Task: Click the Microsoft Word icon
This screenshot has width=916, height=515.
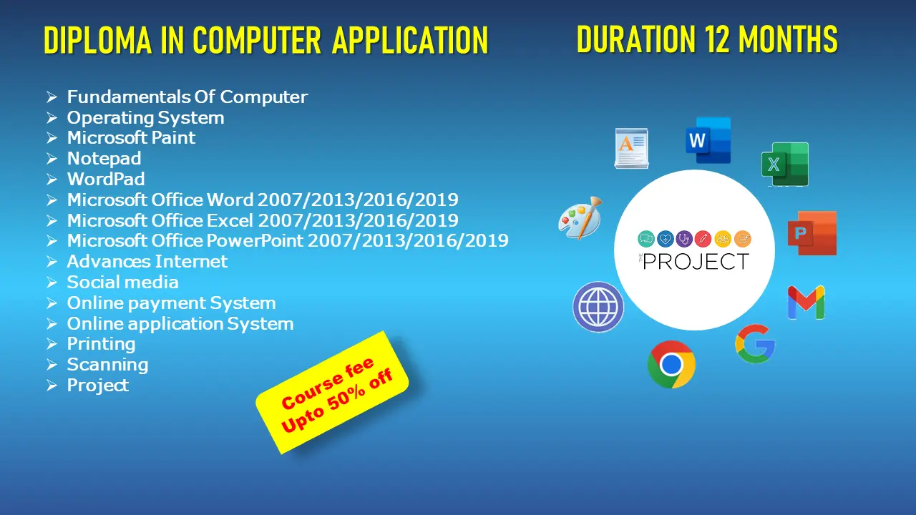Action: click(x=708, y=140)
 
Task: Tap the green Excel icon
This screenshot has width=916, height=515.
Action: click(x=785, y=165)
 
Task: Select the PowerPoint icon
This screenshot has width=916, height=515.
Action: click(x=812, y=233)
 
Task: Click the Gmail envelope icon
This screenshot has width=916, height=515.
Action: click(x=806, y=303)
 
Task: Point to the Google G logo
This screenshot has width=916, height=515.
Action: click(x=755, y=344)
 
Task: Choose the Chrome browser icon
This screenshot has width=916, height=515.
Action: click(x=671, y=364)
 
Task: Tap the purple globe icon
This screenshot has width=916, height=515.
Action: click(x=598, y=307)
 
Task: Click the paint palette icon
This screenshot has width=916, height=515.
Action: click(x=580, y=218)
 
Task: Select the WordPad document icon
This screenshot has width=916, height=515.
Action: click(x=631, y=148)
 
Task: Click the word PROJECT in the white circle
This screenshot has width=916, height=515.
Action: click(x=696, y=262)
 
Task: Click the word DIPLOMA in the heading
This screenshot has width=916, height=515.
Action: click(x=98, y=40)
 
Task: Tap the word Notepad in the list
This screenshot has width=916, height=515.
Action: click(x=104, y=158)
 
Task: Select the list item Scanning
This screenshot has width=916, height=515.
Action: click(x=107, y=365)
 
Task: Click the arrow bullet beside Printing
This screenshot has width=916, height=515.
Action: click(x=52, y=344)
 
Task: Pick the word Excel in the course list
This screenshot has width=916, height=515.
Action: click(x=230, y=220)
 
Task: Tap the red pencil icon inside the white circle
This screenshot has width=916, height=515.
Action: click(x=703, y=239)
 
